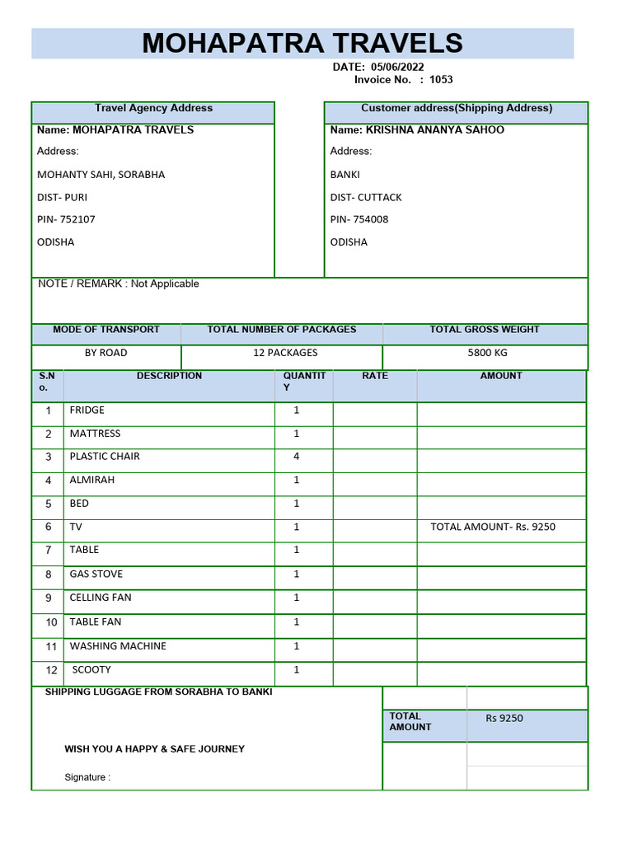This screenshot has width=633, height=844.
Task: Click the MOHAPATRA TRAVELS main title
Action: click(302, 43)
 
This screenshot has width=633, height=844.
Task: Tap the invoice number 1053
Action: click(441, 80)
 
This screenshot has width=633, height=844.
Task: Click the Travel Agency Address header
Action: click(153, 108)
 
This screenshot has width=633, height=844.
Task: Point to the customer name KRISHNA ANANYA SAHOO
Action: click(434, 129)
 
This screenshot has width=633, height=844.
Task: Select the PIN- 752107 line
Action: click(66, 219)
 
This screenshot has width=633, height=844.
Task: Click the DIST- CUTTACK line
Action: click(366, 197)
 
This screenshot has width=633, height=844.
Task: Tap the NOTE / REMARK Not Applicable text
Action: click(119, 284)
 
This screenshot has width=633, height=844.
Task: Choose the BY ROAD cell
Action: click(106, 353)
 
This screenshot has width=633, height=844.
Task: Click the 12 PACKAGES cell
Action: click(284, 353)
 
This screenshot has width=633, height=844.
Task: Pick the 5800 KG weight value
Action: click(487, 353)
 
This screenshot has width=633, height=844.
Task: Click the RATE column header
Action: click(375, 376)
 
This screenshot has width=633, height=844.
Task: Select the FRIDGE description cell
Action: click(87, 410)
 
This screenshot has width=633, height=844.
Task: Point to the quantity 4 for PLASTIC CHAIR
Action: click(297, 456)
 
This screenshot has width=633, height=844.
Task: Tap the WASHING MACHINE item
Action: click(118, 646)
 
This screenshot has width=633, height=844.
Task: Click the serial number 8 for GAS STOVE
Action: click(49, 574)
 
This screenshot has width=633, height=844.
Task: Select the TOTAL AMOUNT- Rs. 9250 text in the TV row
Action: click(493, 527)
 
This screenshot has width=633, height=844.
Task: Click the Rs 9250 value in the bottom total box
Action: click(504, 718)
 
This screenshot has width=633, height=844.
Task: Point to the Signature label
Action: click(87, 777)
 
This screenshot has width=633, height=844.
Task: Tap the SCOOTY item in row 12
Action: click(91, 669)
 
